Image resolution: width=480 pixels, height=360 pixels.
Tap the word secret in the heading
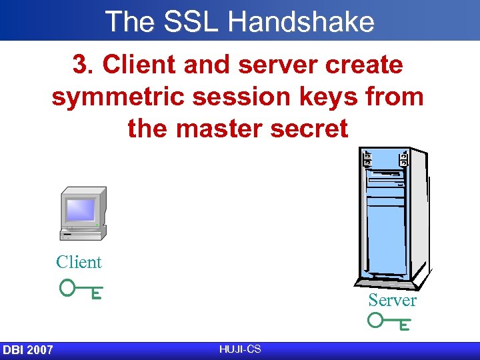point(312,128)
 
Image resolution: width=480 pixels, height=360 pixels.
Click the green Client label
point(79,262)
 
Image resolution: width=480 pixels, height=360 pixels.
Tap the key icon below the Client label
point(81,289)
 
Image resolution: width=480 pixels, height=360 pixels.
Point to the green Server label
point(392,301)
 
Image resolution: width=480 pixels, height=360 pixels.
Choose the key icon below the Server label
point(389,323)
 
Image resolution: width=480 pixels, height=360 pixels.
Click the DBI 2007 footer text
point(28,350)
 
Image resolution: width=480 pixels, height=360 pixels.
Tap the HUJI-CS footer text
point(239,349)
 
